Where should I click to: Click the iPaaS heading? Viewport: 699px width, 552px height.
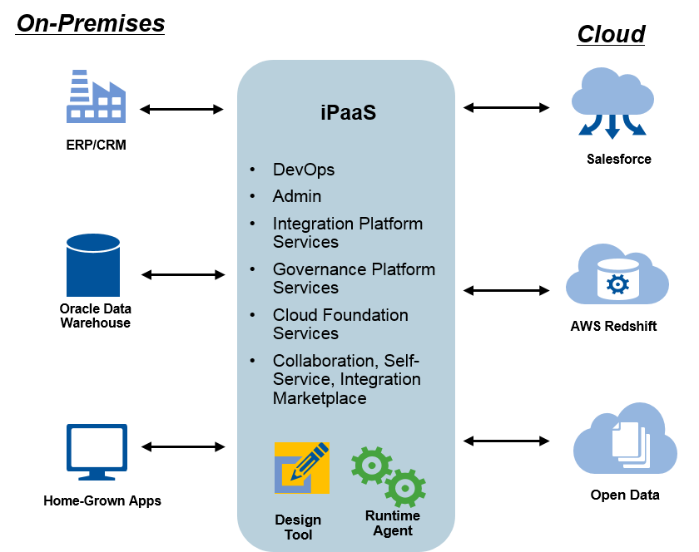348,112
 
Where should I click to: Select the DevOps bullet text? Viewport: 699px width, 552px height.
304,170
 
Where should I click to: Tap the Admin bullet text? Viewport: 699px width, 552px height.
297,197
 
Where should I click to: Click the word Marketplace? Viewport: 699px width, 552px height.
320,398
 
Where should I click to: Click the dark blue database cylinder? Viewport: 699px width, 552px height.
93,265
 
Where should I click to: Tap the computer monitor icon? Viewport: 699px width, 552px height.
97,451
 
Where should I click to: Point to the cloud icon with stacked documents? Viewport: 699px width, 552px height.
625,441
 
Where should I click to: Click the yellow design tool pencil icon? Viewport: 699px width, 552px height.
301,468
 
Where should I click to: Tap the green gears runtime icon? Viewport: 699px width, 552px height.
388,476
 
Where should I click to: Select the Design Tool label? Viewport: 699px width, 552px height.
298,527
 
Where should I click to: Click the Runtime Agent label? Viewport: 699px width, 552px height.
393,523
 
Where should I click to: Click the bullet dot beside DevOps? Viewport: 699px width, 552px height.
252,170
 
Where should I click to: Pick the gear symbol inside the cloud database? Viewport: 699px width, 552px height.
618,284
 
